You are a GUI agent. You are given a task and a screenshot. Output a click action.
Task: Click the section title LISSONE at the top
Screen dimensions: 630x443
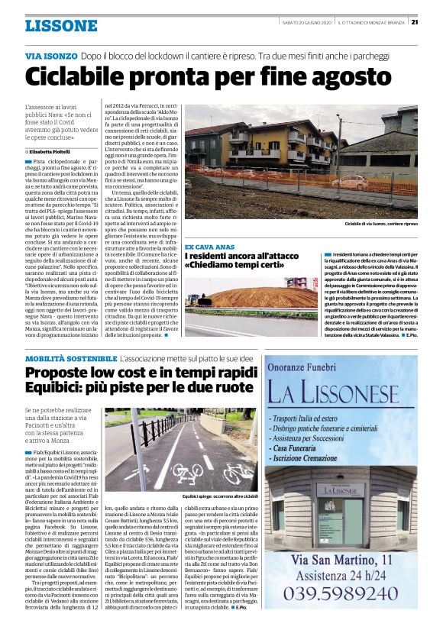[61, 25]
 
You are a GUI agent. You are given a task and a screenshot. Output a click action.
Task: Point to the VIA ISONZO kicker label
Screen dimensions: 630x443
[50, 57]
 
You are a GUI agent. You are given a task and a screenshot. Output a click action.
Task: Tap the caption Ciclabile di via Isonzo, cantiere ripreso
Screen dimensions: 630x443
[380, 224]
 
